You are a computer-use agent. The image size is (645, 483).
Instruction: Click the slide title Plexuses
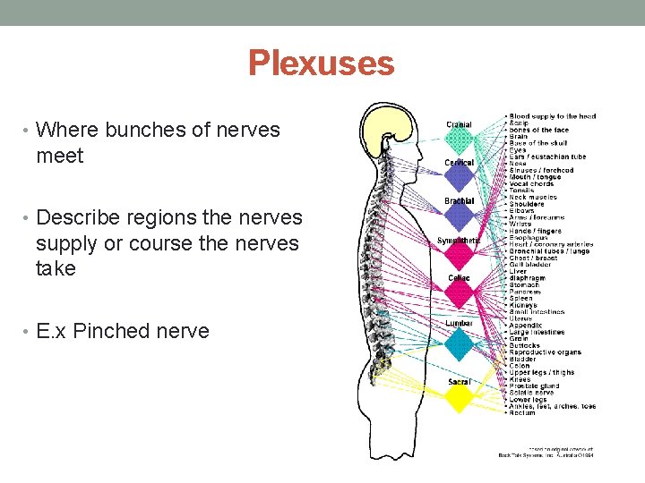tap(321, 64)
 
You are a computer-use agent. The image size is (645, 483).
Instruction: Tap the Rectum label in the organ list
tap(523, 412)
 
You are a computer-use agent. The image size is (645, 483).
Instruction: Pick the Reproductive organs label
tap(545, 352)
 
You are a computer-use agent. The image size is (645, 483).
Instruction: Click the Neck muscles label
tap(533, 197)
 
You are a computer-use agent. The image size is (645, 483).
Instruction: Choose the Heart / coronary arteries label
tap(550, 244)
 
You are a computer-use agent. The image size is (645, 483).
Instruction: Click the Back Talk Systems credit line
tap(546, 455)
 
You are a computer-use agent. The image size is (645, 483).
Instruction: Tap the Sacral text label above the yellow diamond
tap(460, 382)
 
